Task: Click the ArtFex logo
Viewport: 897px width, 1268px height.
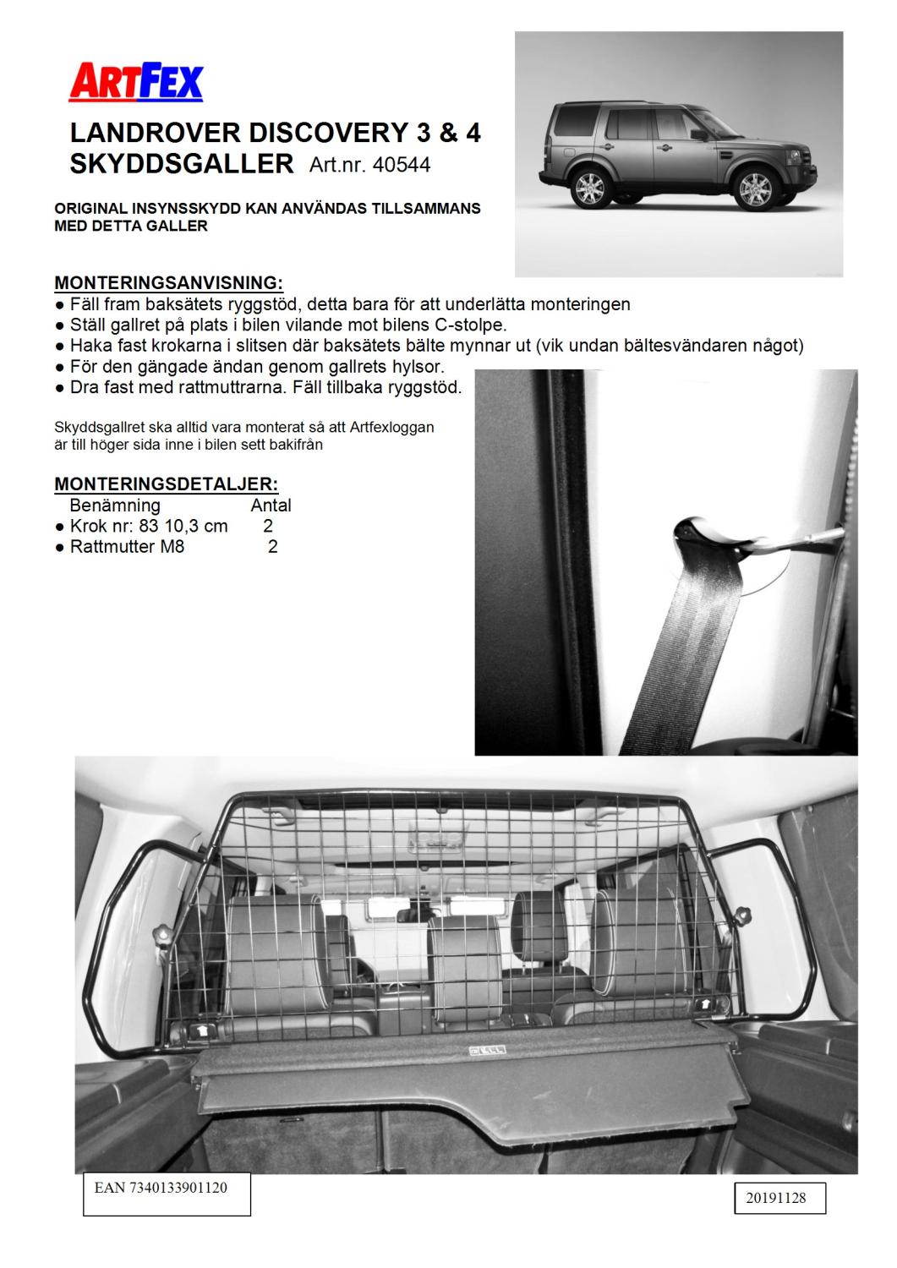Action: click(137, 84)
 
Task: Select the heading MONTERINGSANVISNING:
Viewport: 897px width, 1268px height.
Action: click(168, 281)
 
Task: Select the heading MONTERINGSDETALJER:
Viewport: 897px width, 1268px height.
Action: click(166, 484)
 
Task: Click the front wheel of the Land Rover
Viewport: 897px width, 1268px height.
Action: click(753, 188)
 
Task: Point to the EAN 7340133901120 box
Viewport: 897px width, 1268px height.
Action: click(167, 1193)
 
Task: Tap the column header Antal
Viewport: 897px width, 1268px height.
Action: click(271, 506)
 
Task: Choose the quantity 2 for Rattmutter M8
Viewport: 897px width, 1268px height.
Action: click(272, 546)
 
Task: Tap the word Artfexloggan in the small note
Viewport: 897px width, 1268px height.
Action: click(392, 427)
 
